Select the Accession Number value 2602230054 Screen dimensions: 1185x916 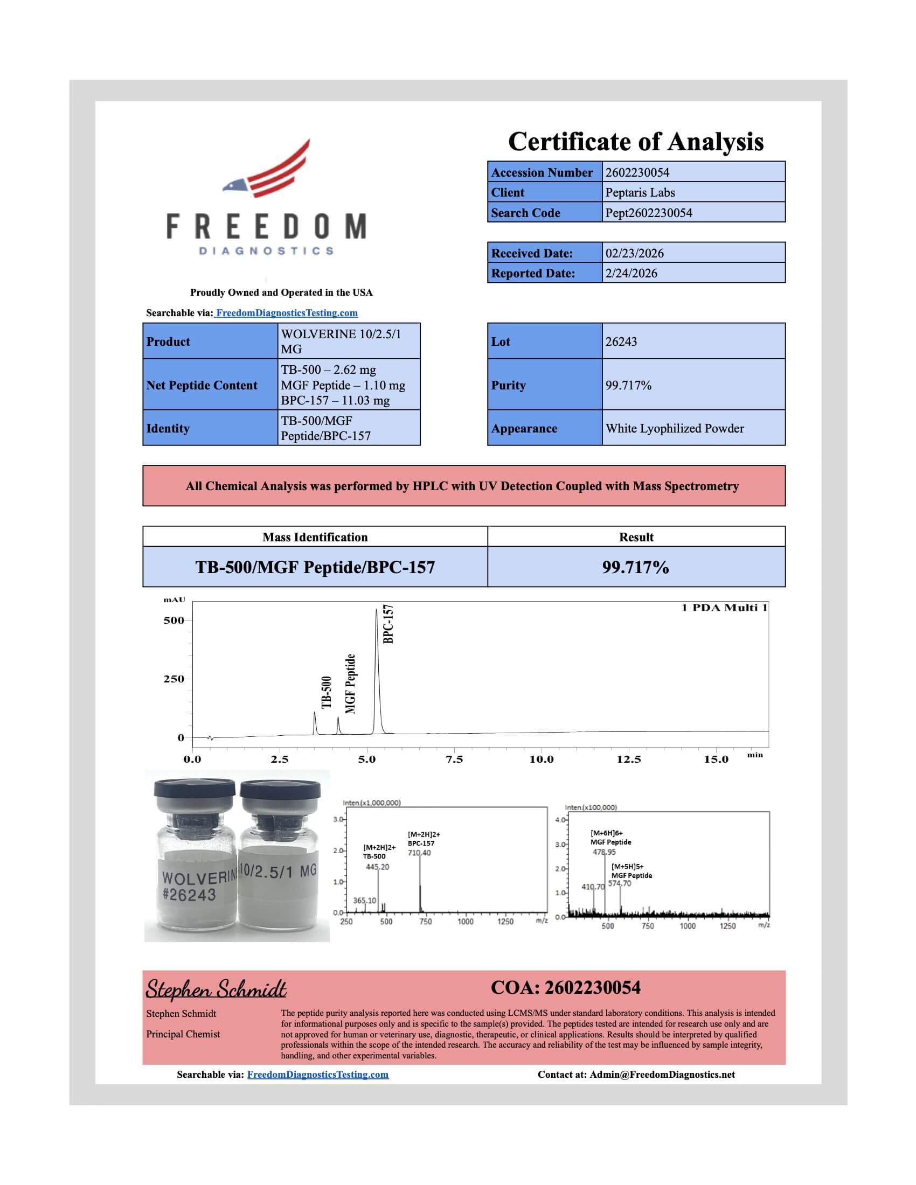pos(637,172)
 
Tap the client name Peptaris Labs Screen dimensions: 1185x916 pos(640,193)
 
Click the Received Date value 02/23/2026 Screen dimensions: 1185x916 pos(634,253)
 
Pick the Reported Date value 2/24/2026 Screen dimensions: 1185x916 pos(631,274)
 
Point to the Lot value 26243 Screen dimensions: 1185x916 pos(621,342)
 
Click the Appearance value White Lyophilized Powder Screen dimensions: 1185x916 pos(675,429)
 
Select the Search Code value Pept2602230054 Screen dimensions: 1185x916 pos(648,213)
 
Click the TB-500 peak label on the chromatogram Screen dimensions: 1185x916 pos(326,692)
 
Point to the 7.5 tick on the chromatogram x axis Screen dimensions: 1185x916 pos(454,759)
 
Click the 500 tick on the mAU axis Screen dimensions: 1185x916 pos(174,620)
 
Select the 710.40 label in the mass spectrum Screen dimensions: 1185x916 pos(419,853)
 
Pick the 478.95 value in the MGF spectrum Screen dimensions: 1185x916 pos(604,852)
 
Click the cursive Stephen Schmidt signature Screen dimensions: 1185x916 pos(216,990)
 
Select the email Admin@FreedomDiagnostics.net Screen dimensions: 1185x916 pos(662,1075)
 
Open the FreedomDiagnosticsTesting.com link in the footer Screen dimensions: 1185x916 pos(317,1075)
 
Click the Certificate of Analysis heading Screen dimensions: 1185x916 pos(635,142)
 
